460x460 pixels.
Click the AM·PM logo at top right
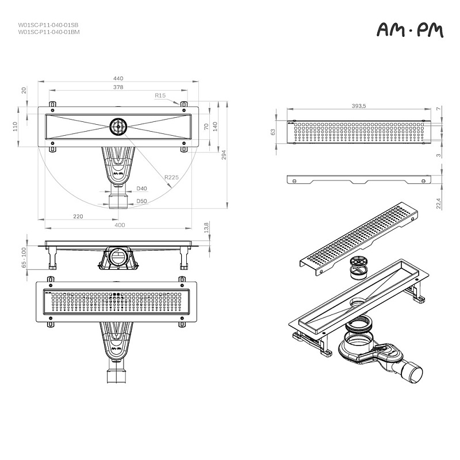pyautogui.click(x=410, y=30)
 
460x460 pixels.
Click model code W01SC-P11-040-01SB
pyautogui.click(x=48, y=25)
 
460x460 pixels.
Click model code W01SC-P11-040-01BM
pyautogui.click(x=48, y=32)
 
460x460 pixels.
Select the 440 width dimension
pyautogui.click(x=118, y=78)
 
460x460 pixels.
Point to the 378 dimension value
pyautogui.click(x=118, y=87)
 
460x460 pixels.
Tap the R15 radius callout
pyautogui.click(x=160, y=95)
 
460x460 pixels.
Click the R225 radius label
pyautogui.click(x=170, y=178)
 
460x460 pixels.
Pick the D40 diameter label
pyautogui.click(x=141, y=189)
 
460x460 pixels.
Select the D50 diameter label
pyautogui.click(x=141, y=201)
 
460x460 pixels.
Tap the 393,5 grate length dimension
pyautogui.click(x=359, y=106)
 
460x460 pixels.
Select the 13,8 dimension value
pyautogui.click(x=206, y=228)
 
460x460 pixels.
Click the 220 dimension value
pyautogui.click(x=78, y=216)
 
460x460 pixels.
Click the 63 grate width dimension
pyautogui.click(x=274, y=132)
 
